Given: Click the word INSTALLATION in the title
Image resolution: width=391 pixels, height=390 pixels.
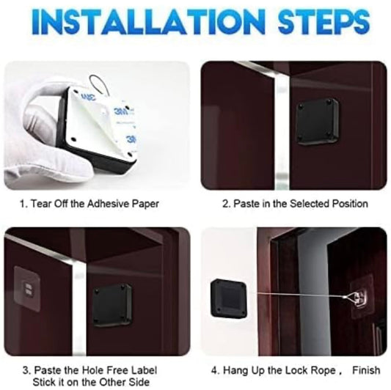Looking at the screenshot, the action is [x=148, y=22].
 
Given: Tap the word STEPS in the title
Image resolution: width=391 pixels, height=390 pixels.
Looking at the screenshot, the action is [x=324, y=22].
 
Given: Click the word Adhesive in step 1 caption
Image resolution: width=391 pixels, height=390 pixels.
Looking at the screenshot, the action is [x=108, y=204].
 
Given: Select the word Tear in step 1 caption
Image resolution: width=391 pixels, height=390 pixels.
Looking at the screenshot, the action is [x=41, y=204].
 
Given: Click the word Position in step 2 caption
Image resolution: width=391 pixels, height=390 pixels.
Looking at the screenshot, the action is [x=350, y=204].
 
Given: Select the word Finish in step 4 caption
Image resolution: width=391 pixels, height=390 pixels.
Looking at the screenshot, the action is [x=366, y=370].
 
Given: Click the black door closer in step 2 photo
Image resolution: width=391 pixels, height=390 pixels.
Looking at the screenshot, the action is [x=317, y=122].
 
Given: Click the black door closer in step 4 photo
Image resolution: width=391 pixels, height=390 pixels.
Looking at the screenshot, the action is [x=228, y=298].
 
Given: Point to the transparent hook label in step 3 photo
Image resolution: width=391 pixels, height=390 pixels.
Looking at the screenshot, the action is [x=27, y=289].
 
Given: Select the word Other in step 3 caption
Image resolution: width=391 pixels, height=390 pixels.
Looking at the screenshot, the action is [x=112, y=382].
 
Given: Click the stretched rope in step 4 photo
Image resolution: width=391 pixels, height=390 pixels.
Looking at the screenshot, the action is [x=299, y=295].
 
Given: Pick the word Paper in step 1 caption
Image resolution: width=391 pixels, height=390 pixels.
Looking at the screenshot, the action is [x=145, y=204].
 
